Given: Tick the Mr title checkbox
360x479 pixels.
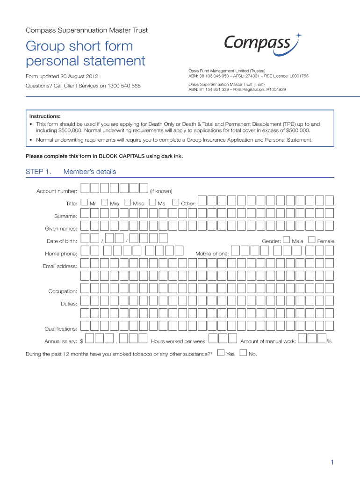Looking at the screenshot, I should (84, 203).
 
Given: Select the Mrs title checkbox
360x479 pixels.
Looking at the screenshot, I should (105, 203).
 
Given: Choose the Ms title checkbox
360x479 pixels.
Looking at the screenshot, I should (152, 203).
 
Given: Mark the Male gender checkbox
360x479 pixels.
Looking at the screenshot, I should (287, 240).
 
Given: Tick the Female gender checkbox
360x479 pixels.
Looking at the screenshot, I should (312, 240).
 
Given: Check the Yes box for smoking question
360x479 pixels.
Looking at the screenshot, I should (221, 353).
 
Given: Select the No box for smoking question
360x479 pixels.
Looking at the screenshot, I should (243, 353).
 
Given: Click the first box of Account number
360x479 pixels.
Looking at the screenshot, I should (85, 188).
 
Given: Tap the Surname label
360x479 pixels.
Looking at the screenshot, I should (65, 216).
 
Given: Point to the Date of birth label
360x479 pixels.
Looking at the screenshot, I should (62, 241).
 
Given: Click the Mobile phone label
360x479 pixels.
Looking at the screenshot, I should (212, 254).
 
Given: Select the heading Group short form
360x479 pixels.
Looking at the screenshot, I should (79, 46).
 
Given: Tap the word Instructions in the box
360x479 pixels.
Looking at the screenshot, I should (45, 116).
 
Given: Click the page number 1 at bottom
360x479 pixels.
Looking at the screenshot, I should (331, 463).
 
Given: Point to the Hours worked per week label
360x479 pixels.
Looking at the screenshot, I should (179, 341).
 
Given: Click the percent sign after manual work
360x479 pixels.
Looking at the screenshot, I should (329, 341).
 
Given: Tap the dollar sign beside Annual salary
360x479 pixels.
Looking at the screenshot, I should (82, 341).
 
